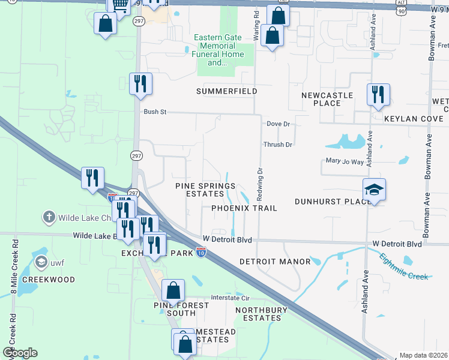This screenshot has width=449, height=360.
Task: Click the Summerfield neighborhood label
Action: pos(227,91)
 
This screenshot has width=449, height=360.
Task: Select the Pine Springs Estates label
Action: pos(205,190)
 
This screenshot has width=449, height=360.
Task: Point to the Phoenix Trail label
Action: pos(244,208)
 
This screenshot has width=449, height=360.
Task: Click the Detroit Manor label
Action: pos(275,262)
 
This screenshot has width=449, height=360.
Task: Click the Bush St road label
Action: pos(154,112)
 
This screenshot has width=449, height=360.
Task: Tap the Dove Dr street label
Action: pos(278,124)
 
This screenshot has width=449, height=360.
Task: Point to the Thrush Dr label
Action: pos(277,145)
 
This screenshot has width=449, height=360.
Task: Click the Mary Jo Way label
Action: pos(345,161)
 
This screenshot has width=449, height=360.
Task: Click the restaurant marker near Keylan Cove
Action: pos(378,95)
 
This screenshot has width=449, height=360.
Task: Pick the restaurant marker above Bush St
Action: pos(141,84)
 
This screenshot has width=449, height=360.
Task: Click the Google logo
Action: pos(20,353)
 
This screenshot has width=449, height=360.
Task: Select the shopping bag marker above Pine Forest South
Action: pos(173,291)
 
